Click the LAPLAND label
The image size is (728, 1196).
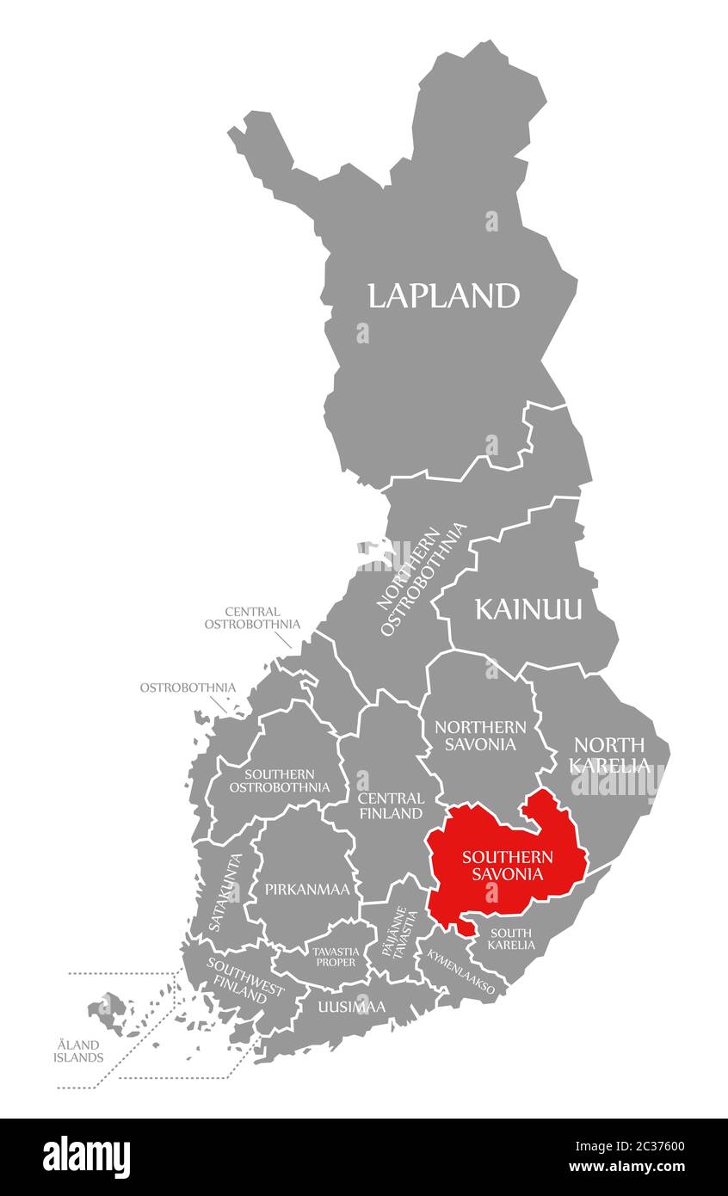coord(444,296)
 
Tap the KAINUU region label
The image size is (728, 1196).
coord(528,610)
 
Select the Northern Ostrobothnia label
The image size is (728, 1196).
coord(423,580)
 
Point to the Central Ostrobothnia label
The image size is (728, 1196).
coord(252,618)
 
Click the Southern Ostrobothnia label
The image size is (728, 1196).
coord(279,780)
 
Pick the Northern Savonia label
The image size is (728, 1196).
coord(480,736)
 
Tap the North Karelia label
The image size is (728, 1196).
coord(610,755)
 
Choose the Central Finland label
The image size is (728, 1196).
coord(391,805)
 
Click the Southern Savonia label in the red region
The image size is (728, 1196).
coord(508,866)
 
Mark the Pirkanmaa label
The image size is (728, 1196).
coord(307,890)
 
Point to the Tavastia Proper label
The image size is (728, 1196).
coord(335,956)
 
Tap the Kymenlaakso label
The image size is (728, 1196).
coord(461,973)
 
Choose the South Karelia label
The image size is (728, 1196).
coord(511,939)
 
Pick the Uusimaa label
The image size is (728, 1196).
coord(351,1006)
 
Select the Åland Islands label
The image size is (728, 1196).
coord(77,1051)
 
